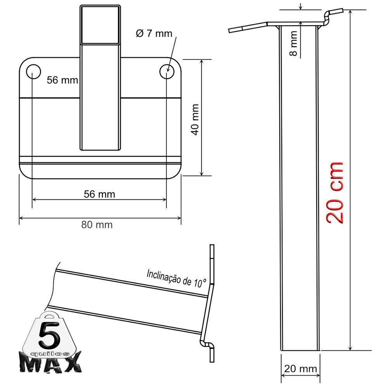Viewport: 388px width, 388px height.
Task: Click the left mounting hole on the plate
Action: [x=33, y=71]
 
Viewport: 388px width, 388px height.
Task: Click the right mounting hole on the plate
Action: [x=167, y=71]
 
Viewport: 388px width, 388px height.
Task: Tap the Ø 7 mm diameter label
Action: [x=154, y=34]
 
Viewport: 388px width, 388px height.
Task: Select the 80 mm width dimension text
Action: [x=97, y=225]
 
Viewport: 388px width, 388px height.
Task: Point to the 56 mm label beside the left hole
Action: [x=62, y=80]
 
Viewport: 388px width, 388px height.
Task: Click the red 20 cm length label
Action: [x=334, y=192]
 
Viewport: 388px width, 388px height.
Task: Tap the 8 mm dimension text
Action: [x=294, y=43]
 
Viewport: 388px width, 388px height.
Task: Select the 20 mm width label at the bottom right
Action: [x=300, y=369]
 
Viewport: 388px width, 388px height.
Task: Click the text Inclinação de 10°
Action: [x=177, y=279]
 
